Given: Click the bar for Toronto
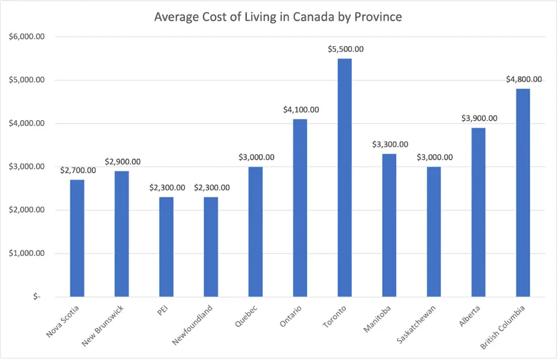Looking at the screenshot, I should (344, 178).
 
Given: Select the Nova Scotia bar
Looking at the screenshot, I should (77, 238).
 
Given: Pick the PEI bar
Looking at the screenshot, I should (166, 247).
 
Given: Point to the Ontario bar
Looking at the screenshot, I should (300, 208).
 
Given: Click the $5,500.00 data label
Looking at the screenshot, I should (345, 49).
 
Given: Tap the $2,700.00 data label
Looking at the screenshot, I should (78, 170).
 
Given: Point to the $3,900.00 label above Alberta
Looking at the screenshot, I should (479, 118).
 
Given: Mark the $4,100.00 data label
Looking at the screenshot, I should (301, 109).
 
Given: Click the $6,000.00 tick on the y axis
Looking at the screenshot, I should (26, 37).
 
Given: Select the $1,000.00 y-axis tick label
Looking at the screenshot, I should (26, 253).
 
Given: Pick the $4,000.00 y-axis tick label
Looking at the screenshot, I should (26, 124).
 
